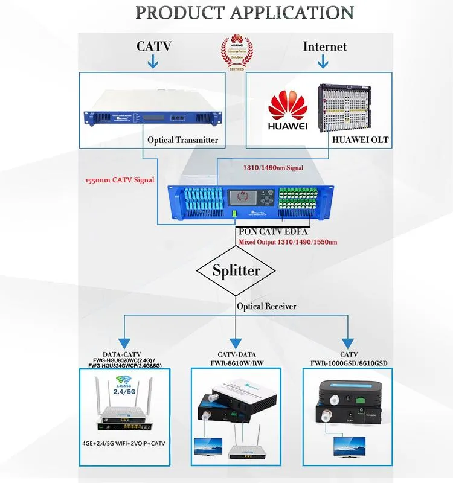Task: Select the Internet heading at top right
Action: (x=324, y=46)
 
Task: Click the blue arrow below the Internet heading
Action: (x=324, y=61)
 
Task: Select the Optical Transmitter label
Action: (x=182, y=139)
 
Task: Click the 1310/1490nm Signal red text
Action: (x=273, y=168)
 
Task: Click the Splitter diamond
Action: (x=236, y=270)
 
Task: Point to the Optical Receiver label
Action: (x=266, y=306)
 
